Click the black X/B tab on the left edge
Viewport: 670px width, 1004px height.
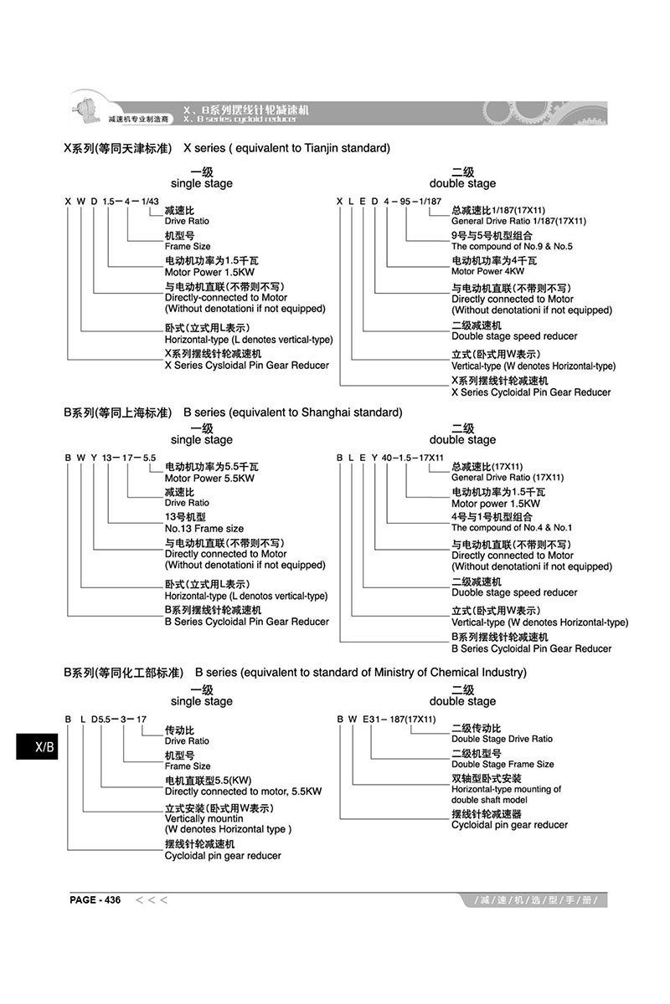pyautogui.click(x=38, y=746)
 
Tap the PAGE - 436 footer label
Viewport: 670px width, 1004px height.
pyautogui.click(x=95, y=900)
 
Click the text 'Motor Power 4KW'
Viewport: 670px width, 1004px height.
pyautogui.click(x=488, y=272)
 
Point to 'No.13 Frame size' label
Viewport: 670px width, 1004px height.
pyautogui.click(x=204, y=529)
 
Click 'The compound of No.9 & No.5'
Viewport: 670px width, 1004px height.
pyautogui.click(x=512, y=247)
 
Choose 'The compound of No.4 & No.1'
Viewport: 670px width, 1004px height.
pyautogui.click(x=511, y=528)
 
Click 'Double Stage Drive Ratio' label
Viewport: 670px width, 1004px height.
pyautogui.click(x=502, y=739)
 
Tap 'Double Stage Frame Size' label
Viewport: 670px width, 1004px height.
pyautogui.click(x=502, y=764)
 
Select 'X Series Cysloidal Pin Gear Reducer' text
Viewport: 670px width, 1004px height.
pyautogui.click(x=247, y=366)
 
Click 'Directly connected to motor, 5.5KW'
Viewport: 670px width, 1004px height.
pyautogui.click(x=243, y=791)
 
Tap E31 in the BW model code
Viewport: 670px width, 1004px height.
pyautogui.click(x=373, y=720)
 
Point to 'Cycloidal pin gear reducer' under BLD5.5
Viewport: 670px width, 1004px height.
pyautogui.click(x=223, y=856)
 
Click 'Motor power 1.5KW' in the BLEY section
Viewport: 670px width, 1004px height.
pyautogui.click(x=496, y=504)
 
